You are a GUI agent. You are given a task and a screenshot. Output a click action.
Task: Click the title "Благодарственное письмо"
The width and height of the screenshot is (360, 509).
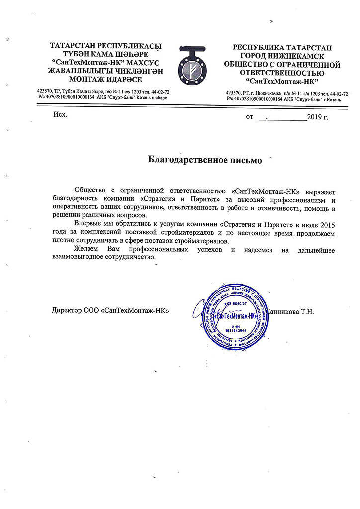pos(204,160)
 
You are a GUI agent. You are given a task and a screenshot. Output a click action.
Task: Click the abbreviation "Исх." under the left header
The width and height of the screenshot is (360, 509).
pos(59,115)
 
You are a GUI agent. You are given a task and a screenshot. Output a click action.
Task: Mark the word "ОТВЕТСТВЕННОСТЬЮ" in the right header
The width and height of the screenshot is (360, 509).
pos(282,73)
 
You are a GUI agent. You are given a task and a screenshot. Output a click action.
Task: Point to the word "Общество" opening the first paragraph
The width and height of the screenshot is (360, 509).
pos(89,190)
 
